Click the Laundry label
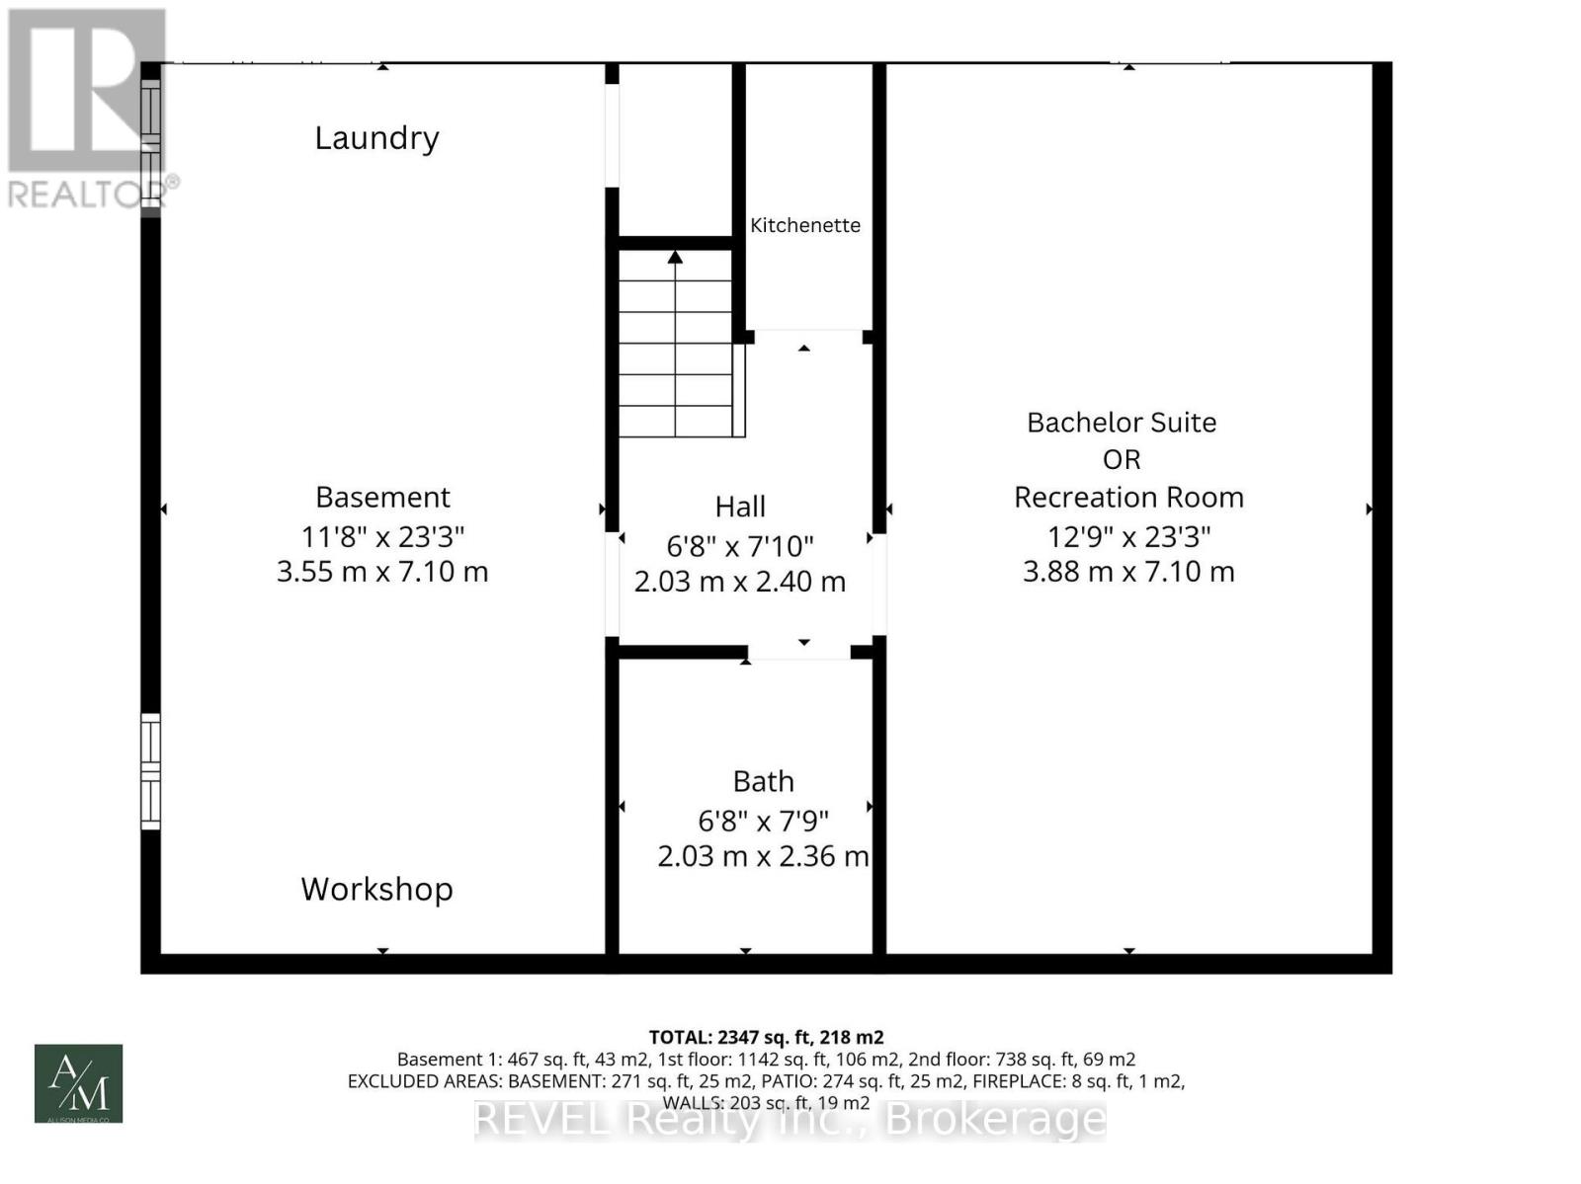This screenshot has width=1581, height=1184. pyautogui.click(x=376, y=138)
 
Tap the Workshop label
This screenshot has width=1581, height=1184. pyautogui.click(x=376, y=889)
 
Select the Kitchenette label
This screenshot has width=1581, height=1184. pyautogui.click(x=804, y=225)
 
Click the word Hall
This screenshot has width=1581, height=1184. pyautogui.click(x=740, y=507)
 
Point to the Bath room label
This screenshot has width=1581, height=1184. pyautogui.click(x=763, y=781)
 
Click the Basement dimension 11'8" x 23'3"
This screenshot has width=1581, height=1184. pyautogui.click(x=382, y=536)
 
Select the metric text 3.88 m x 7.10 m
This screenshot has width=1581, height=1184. pyautogui.click(x=1128, y=572)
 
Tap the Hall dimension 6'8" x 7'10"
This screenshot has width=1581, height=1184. pyautogui.click(x=740, y=545)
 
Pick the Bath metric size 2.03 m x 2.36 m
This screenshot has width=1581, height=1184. pyautogui.click(x=763, y=856)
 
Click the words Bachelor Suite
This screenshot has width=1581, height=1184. pyautogui.click(x=1122, y=423)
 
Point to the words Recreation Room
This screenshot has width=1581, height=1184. pyautogui.click(x=1128, y=497)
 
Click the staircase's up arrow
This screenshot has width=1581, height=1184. pyautogui.click(x=675, y=259)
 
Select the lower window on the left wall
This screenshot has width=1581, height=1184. pyautogui.click(x=150, y=771)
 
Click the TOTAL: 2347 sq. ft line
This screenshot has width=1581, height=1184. pyautogui.click(x=766, y=1037)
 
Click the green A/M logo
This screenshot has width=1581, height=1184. pyautogui.click(x=79, y=1083)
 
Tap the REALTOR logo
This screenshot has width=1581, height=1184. pyautogui.click(x=87, y=109)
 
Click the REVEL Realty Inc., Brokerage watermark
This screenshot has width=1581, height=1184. pyautogui.click(x=790, y=1120)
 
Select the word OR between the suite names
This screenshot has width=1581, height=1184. pyautogui.click(x=1122, y=460)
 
